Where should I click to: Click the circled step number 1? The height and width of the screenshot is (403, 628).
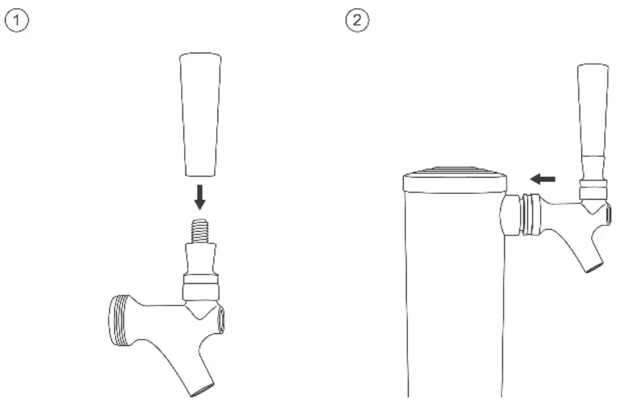(x=17, y=21)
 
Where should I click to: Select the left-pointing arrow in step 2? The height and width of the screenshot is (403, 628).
(x=543, y=180)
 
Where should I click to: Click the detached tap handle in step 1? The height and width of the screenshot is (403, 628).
(x=200, y=113)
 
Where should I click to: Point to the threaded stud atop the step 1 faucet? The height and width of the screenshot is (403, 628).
(x=200, y=230)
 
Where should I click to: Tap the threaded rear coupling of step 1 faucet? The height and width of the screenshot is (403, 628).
(x=119, y=320)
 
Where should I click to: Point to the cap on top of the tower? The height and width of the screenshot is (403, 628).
(x=454, y=181)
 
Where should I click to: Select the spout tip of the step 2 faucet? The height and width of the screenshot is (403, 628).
(x=593, y=267)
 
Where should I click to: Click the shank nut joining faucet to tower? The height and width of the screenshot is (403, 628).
(x=511, y=214)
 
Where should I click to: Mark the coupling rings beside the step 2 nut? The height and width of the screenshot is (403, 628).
(x=531, y=214)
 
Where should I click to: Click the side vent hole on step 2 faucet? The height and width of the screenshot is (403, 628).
(x=608, y=214)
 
